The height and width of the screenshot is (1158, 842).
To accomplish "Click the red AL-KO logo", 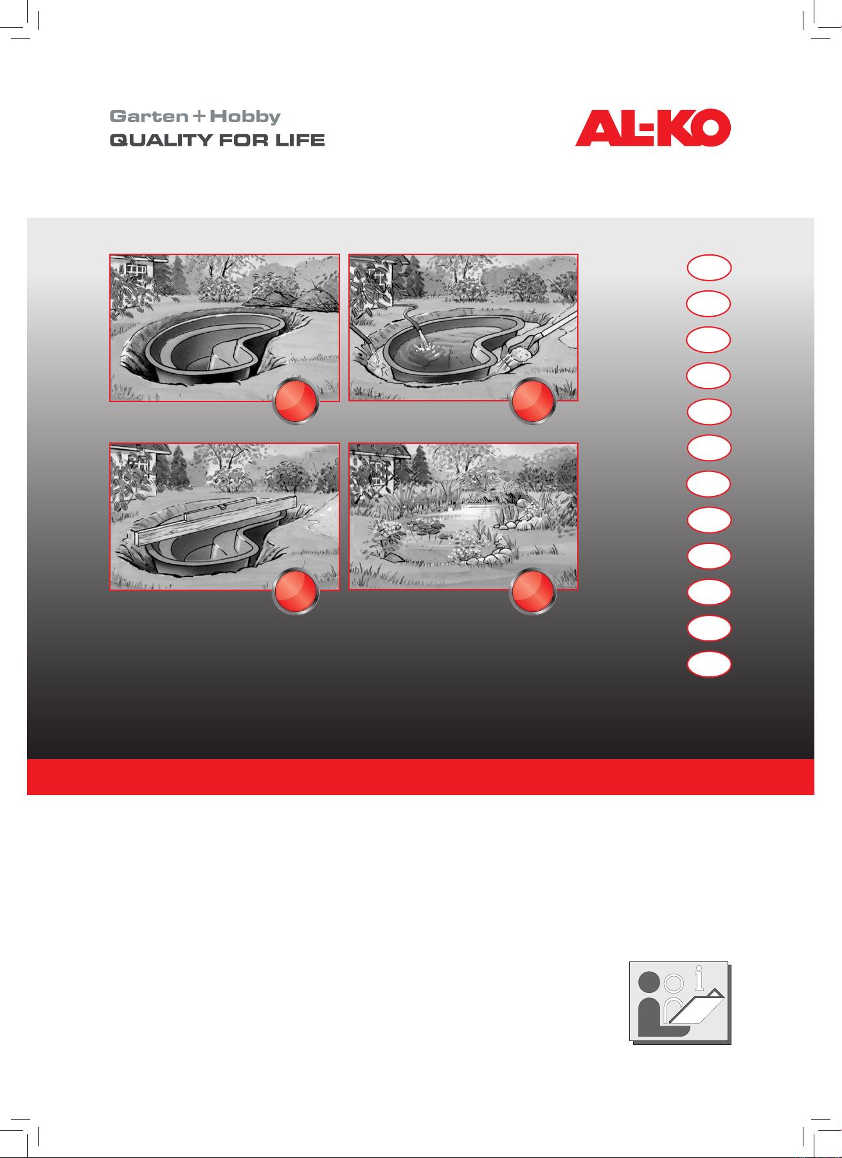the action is coord(653,128).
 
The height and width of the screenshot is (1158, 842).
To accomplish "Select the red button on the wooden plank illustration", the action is coord(296,591).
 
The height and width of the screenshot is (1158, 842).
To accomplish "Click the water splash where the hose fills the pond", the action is coord(423,347).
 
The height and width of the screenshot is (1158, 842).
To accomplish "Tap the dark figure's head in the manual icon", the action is coord(649,983).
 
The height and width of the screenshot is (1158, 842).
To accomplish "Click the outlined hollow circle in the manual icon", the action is coord(674,983).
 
